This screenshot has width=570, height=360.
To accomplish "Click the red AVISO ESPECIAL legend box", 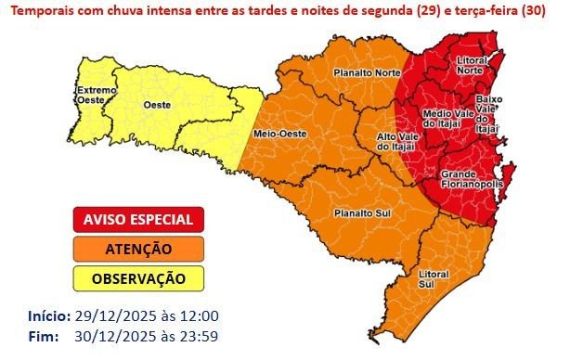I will point(138,220).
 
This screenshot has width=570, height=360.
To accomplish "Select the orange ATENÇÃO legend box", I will point(138,249).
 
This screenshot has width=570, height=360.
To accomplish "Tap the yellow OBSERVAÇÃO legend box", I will point(138,277).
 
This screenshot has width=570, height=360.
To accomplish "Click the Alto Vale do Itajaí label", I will point(396,141).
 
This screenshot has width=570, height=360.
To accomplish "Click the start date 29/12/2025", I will point(106,316).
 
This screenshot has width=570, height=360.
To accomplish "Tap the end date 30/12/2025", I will point(106,335).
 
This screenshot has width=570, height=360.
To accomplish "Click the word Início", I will point(47,316).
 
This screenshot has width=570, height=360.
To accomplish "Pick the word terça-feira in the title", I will point(482,10).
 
